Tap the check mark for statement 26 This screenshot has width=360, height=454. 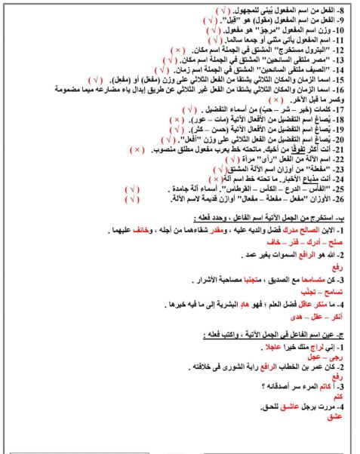[x=134, y=201]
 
